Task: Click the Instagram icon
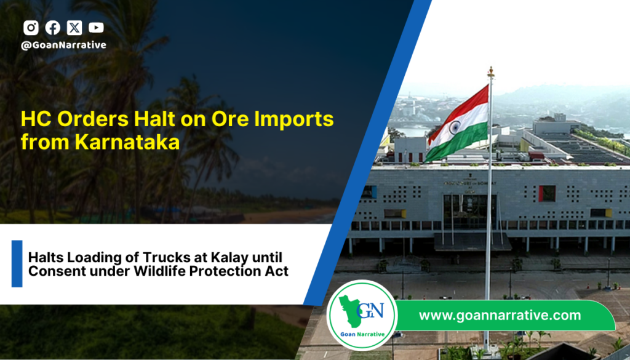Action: coord(31,28)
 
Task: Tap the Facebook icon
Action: coord(53,28)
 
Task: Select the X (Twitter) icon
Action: coord(74,28)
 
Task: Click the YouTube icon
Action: coord(96,28)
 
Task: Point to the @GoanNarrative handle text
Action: coord(63,45)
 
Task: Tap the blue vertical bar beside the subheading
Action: coord(17,263)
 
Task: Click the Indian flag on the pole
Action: coord(457,124)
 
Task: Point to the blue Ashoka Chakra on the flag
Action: coord(455,128)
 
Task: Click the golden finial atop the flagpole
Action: coord(490,73)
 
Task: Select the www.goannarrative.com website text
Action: coord(500,316)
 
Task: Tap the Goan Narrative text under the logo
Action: coord(362,334)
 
